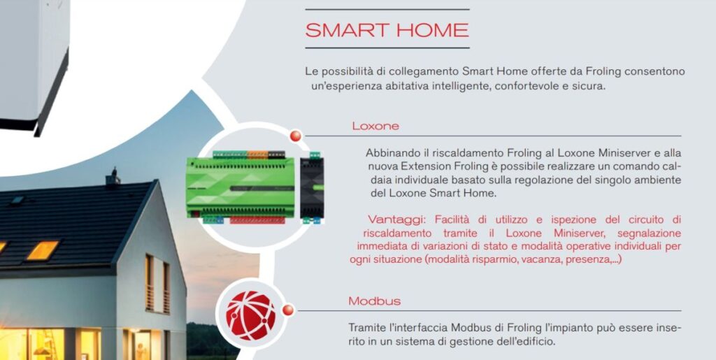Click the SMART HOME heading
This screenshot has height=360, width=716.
tap(387, 31)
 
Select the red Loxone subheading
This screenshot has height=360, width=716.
tap(375, 127)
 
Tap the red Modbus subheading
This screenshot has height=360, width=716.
tap(375, 301)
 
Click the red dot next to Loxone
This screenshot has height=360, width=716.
tap(296, 135)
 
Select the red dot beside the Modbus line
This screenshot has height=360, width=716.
tap(287, 310)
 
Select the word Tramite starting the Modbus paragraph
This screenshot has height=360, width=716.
tap(368, 328)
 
